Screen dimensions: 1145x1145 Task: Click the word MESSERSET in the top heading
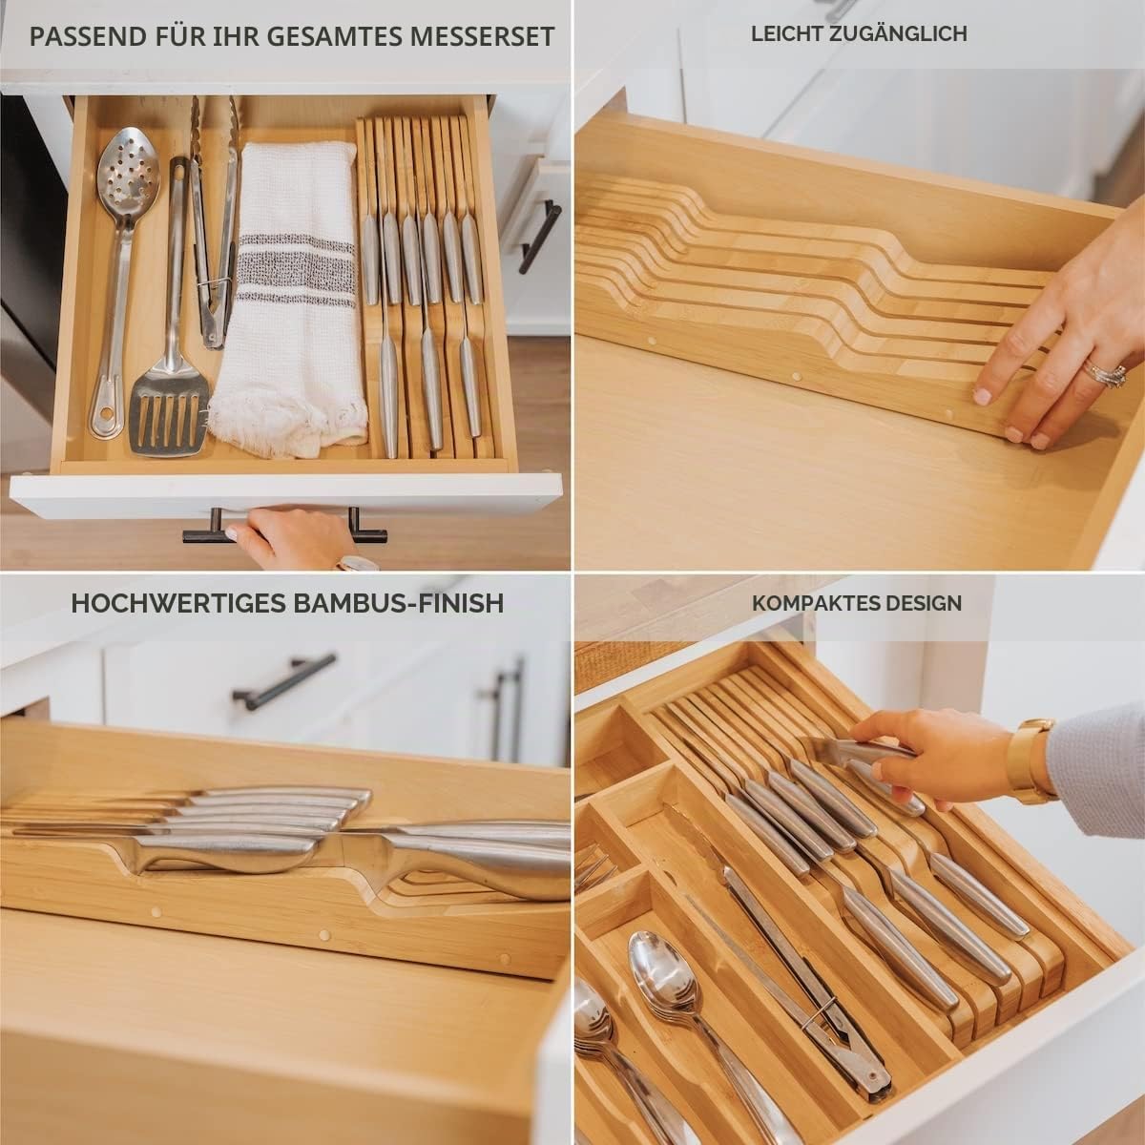point(482,36)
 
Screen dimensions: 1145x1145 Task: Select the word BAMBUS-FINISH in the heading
point(399,603)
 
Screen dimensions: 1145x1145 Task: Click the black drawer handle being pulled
point(285,529)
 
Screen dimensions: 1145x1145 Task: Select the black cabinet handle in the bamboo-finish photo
point(284,680)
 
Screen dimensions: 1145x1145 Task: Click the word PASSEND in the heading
point(88,36)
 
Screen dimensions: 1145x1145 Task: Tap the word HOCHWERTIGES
point(178,603)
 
